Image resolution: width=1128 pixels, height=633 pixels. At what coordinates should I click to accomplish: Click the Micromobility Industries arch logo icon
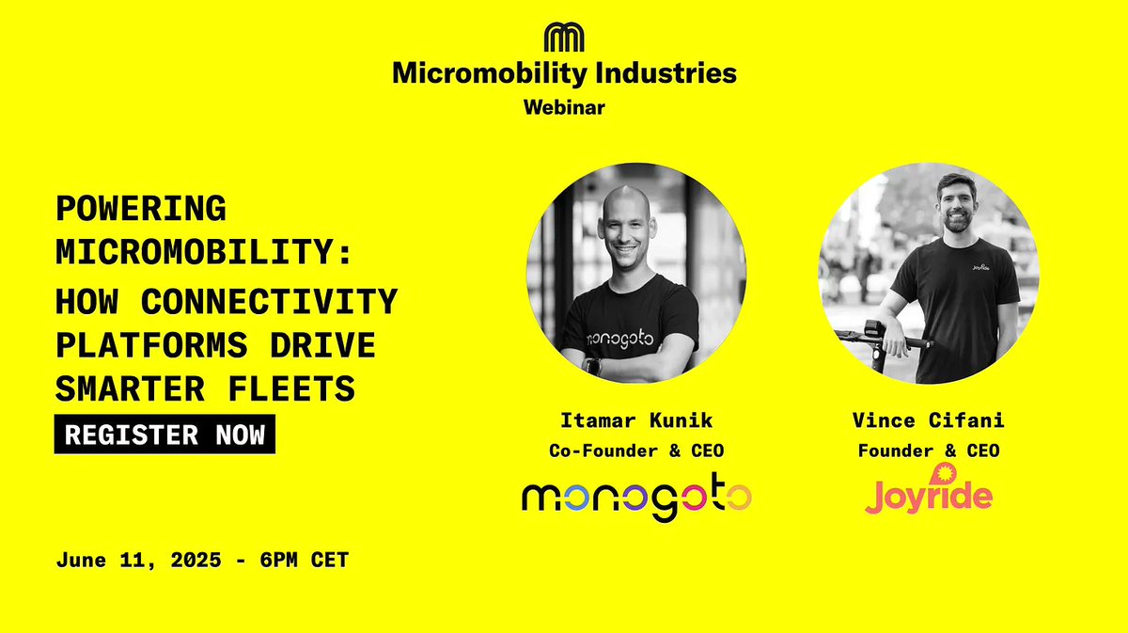tap(564, 37)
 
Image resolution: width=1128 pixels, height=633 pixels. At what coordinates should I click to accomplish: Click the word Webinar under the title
tap(564, 107)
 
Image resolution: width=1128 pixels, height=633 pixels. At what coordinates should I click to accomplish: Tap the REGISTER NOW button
tap(164, 435)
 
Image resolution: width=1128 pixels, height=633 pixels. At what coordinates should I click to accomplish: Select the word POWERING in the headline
tap(141, 209)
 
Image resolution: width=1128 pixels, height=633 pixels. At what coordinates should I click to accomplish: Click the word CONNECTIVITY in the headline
tap(269, 303)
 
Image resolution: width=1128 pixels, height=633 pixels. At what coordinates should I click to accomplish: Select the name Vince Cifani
tap(928, 419)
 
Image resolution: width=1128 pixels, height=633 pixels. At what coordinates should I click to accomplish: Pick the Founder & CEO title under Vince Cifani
tap(928, 451)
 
